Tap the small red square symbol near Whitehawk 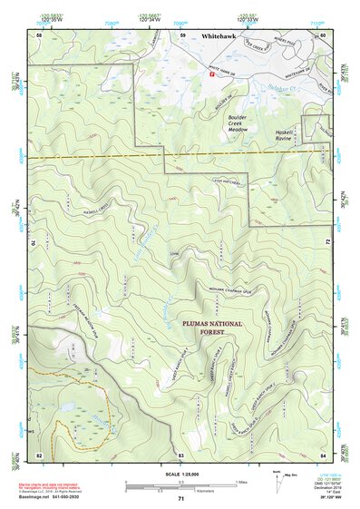pyautogui.click(x=212, y=74)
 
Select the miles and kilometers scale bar pyautogui.click(x=180, y=488)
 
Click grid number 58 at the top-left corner pyautogui.click(x=39, y=34)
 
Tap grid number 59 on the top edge pyautogui.click(x=182, y=34)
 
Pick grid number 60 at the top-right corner pyautogui.click(x=323, y=34)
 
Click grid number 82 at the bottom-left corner pyautogui.click(x=39, y=453)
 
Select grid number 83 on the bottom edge pyautogui.click(x=181, y=453)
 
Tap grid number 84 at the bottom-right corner pyautogui.click(x=323, y=453)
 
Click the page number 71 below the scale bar pyautogui.click(x=180, y=499)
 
